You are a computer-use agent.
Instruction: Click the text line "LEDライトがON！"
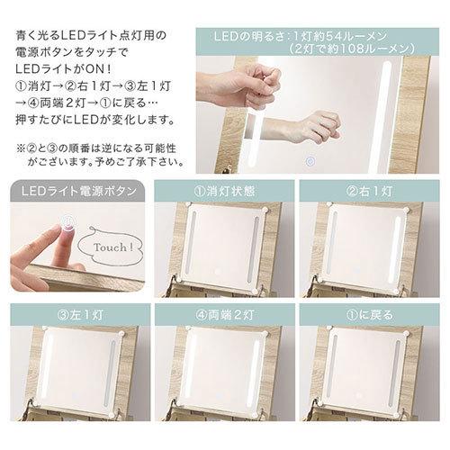coord(55,69)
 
